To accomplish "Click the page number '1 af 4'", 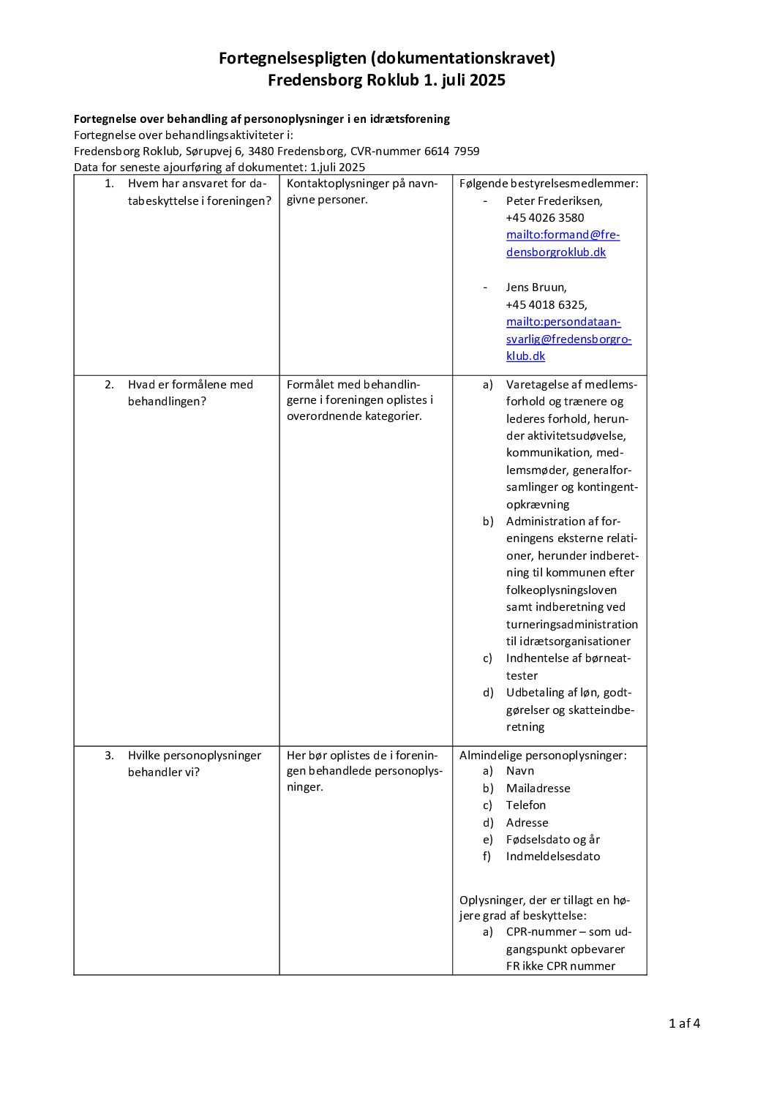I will pos(684,1023).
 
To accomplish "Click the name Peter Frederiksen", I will pos(554,200).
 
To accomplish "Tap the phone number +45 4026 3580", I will pos(544,217).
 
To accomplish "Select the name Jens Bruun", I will pos(536,287).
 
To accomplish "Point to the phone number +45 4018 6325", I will pos(546,304).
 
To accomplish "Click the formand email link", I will pos(562,243).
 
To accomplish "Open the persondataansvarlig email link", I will pos(568,339).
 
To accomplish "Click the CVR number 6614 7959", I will pos(451,151).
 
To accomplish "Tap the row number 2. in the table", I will pos(109,385).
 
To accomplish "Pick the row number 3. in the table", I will pos(109,756).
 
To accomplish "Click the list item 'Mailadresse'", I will pos(538,788).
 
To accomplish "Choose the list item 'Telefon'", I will pos(525,805).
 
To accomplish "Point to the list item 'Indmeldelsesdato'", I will pos(552,856).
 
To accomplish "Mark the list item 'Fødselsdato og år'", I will pos(552,839).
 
